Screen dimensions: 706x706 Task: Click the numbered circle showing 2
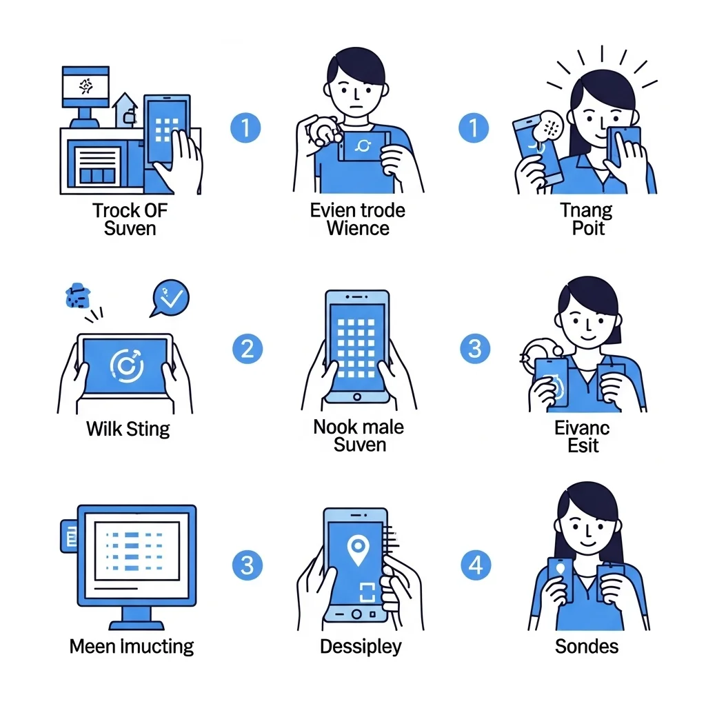(248, 349)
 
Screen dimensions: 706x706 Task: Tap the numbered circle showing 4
(476, 565)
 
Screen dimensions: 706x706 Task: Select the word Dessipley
(361, 647)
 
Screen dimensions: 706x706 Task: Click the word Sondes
(587, 647)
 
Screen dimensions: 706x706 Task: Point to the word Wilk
(105, 429)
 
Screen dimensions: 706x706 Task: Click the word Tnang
(586, 211)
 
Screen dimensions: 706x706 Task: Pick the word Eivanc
(582, 428)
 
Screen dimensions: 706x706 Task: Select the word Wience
(358, 228)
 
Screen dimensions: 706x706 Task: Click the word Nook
(332, 427)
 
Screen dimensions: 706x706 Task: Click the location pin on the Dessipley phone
(358, 551)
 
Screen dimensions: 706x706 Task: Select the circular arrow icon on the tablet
(127, 365)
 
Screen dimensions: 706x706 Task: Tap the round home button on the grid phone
(357, 396)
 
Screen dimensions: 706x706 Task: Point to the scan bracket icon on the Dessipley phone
(367, 592)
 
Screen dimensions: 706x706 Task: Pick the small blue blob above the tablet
(78, 296)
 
